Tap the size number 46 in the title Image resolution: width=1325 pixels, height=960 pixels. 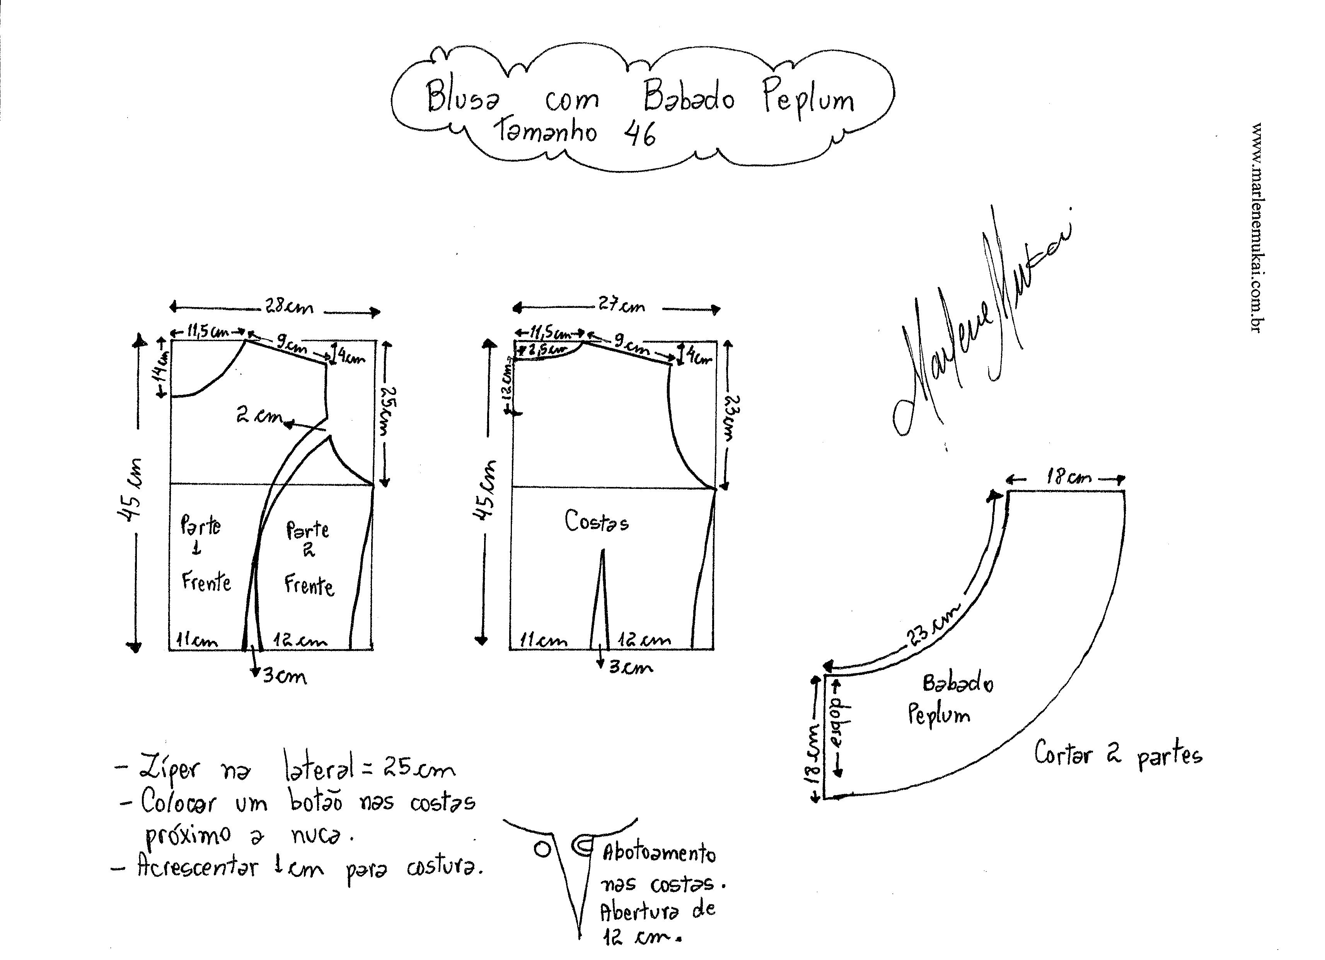tap(640, 134)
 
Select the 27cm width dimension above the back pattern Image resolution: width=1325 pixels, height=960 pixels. tap(621, 306)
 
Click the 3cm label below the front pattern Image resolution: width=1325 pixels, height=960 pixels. tap(284, 676)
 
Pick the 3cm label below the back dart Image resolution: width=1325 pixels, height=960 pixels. tap(630, 667)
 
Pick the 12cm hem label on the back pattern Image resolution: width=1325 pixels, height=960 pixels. tap(645, 641)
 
